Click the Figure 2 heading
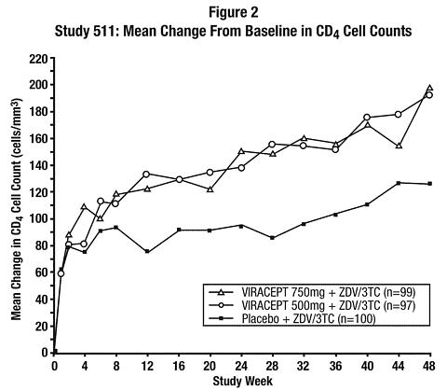pyautogui.click(x=233, y=12)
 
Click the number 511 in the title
pyautogui.click(x=107, y=31)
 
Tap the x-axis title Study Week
pyautogui.click(x=242, y=382)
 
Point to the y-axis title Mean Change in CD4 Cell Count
pyautogui.click(x=17, y=209)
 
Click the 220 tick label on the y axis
pyautogui.click(x=39, y=59)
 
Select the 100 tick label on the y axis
pyautogui.click(x=39, y=219)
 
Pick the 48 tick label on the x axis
pyautogui.click(x=429, y=366)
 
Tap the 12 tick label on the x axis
pyautogui.click(x=147, y=366)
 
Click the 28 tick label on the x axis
pyautogui.click(x=273, y=366)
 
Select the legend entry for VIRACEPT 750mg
pyautogui.click(x=312, y=292)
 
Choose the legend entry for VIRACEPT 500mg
pyautogui.click(x=312, y=305)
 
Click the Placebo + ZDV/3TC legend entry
pyautogui.click(x=292, y=318)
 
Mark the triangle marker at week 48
pyautogui.click(x=429, y=88)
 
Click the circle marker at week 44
pyautogui.click(x=399, y=115)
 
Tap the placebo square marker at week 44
pyautogui.click(x=399, y=183)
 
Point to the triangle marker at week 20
pyautogui.click(x=210, y=189)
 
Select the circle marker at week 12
pyautogui.click(x=146, y=175)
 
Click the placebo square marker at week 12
pyautogui.click(x=147, y=251)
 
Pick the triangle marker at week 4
pyautogui.click(x=84, y=207)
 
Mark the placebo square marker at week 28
pyautogui.click(x=272, y=238)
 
